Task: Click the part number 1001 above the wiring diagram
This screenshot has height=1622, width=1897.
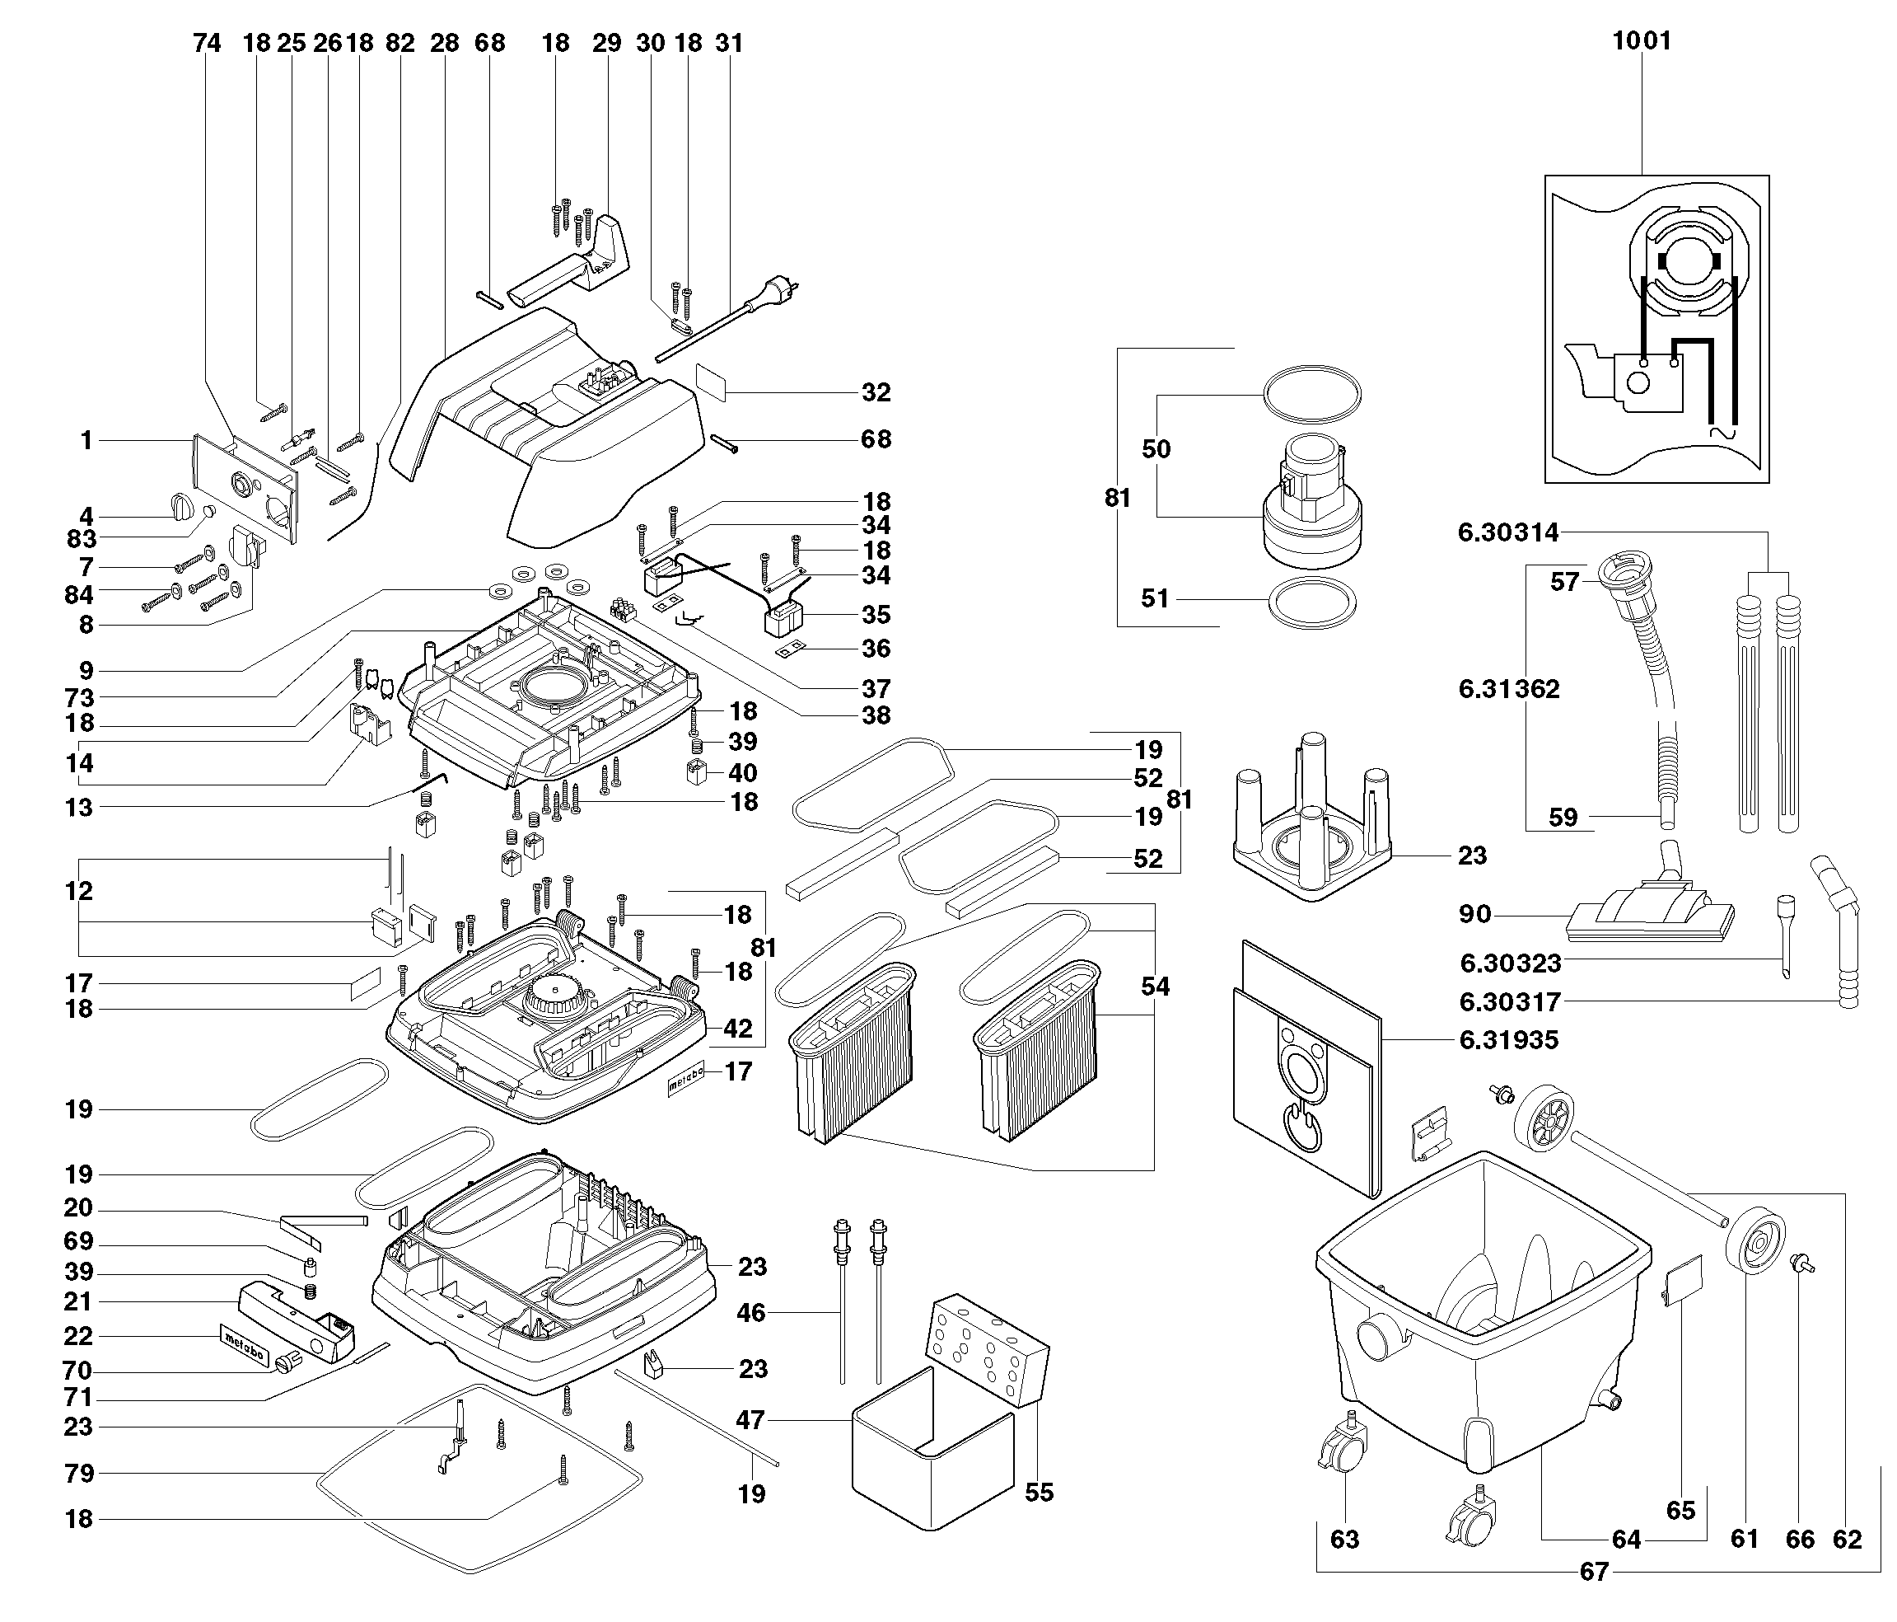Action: (x=1642, y=41)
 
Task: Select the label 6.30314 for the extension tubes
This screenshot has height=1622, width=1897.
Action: (x=1508, y=532)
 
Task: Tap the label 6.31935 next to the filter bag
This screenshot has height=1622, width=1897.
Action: (x=1508, y=1039)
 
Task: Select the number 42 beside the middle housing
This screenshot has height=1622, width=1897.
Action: (x=738, y=1028)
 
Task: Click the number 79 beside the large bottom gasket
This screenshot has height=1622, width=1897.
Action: (x=80, y=1474)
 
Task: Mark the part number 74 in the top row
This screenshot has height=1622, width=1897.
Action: (x=207, y=43)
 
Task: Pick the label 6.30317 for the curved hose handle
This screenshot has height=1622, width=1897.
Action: (x=1509, y=1002)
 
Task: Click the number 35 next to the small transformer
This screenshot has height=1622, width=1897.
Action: (x=876, y=615)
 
